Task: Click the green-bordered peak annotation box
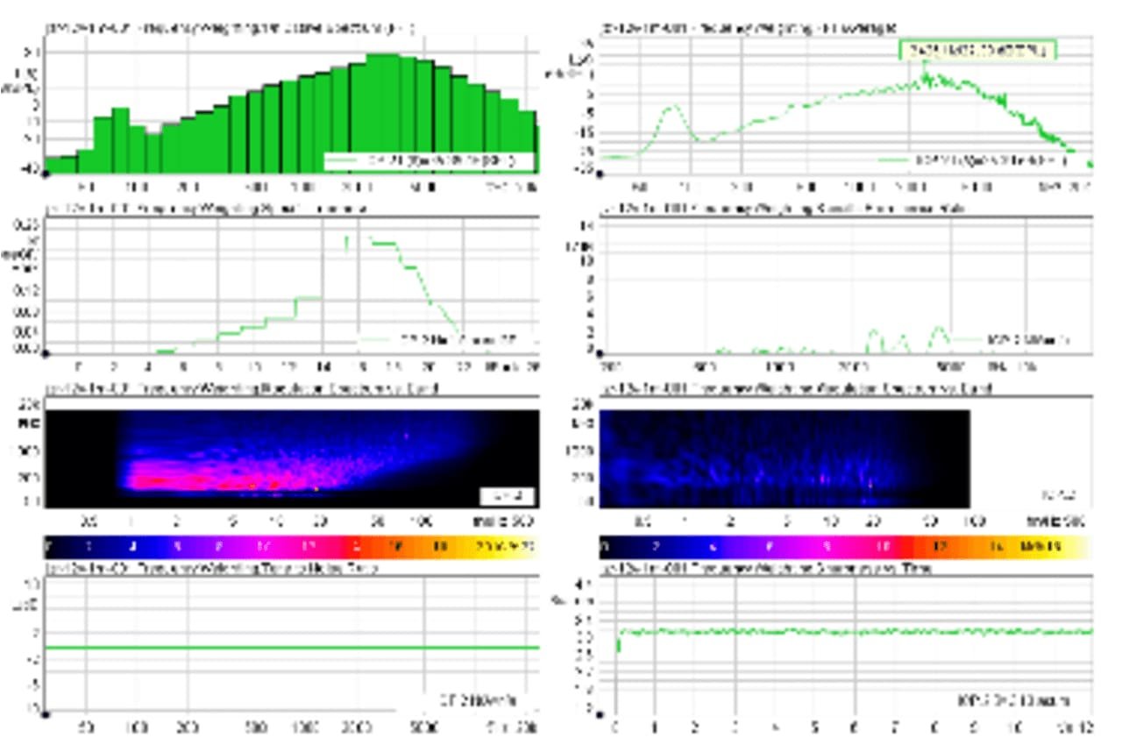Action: coord(976,51)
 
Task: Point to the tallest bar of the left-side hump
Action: coord(120,113)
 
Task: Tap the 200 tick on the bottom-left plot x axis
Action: coord(186,727)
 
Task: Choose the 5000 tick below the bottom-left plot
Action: coord(424,727)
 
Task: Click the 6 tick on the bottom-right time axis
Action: coord(855,727)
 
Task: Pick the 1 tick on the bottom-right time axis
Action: coord(654,727)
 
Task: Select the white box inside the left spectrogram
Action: coord(508,496)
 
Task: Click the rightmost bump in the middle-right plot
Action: coord(940,330)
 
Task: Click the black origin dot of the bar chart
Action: coord(45,174)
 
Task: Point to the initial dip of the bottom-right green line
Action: coord(619,646)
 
